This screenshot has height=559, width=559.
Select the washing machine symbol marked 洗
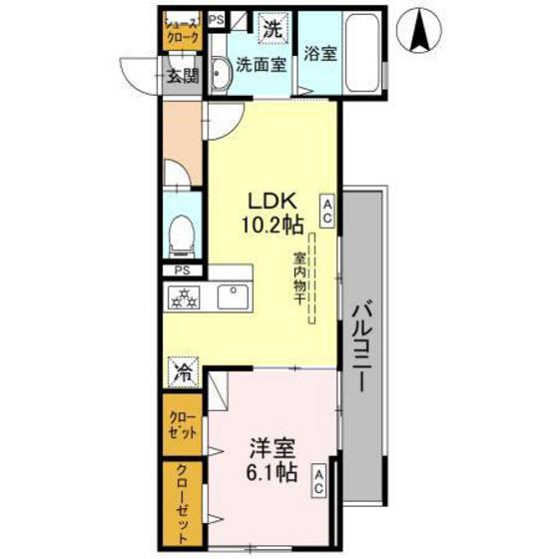tap(272, 30)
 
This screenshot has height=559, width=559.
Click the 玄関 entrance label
tap(182, 74)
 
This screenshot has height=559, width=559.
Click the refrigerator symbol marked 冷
tap(184, 373)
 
